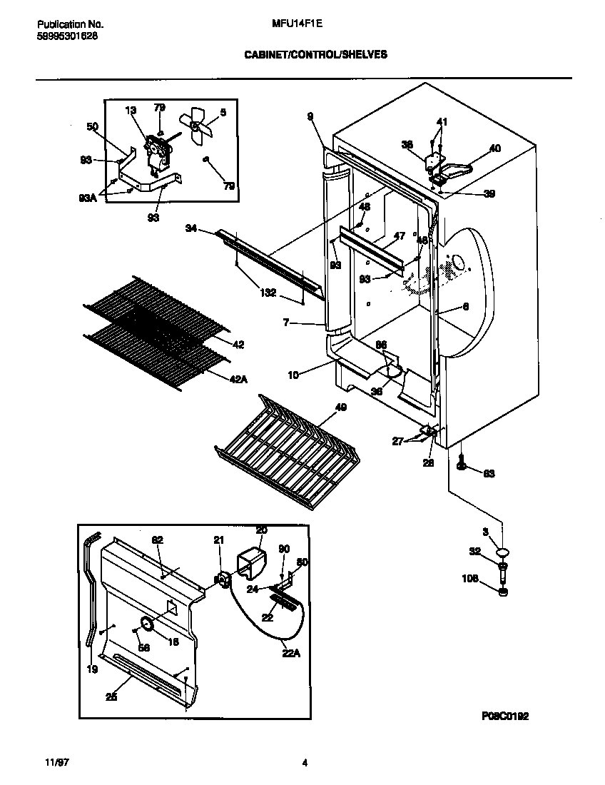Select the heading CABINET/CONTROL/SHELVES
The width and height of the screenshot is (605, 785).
tap(316, 54)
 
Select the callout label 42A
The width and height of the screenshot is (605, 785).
tap(238, 380)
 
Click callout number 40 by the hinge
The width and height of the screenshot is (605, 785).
tap(494, 148)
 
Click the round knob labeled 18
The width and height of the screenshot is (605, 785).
tap(148, 624)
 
